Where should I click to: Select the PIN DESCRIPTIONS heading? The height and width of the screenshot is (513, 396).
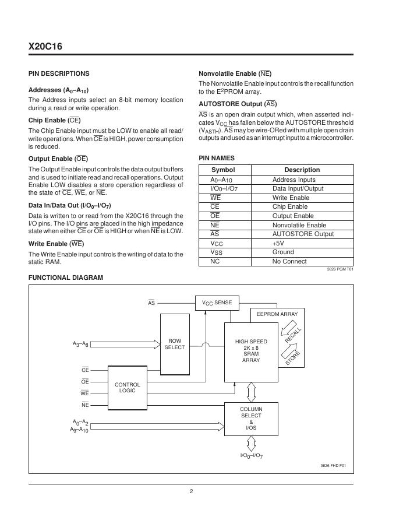click(59, 73)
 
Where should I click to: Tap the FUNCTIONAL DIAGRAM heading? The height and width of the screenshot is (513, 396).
click(66, 277)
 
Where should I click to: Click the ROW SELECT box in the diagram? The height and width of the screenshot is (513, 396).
click(174, 344)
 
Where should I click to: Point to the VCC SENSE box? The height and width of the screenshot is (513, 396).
click(217, 303)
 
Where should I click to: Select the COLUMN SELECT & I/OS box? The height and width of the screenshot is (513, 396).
click(251, 419)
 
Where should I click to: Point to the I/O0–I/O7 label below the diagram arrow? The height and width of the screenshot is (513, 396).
click(252, 455)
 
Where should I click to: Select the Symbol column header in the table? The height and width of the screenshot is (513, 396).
click(222, 170)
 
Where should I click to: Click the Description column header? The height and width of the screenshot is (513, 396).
click(302, 170)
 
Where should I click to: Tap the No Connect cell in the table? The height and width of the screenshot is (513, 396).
click(289, 261)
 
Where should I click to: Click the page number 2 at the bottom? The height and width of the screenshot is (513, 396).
click(191, 491)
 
